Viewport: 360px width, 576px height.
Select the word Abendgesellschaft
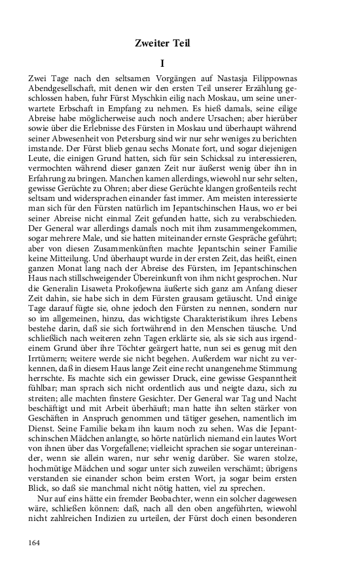click(x=63, y=89)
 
